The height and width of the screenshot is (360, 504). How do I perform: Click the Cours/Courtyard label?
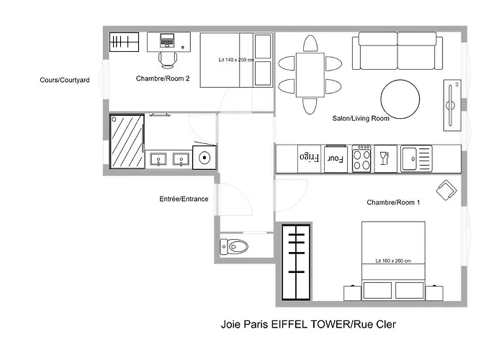(65, 81)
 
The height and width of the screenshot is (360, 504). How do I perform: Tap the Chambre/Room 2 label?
(163, 79)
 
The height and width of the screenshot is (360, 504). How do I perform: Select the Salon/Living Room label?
(361, 119)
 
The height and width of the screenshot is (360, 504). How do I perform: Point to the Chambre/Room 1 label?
(393, 202)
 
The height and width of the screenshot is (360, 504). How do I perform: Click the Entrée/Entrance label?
(184, 199)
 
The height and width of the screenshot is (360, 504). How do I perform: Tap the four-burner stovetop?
(361, 158)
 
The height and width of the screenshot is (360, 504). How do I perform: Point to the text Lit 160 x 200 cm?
(392, 261)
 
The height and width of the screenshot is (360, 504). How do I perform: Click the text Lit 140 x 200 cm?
(237, 60)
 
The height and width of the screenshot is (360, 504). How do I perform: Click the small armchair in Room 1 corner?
(446, 190)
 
